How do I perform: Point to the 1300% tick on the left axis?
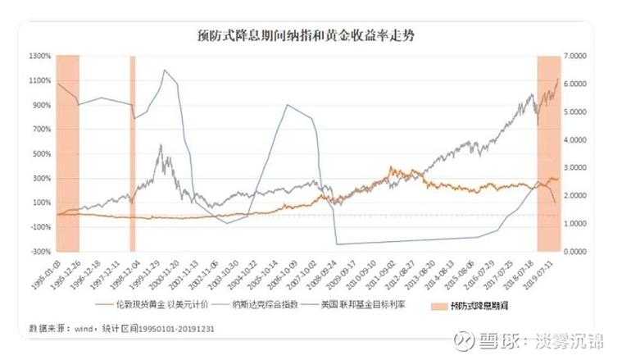coord(41,56)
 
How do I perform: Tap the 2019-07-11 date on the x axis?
coord(544,275)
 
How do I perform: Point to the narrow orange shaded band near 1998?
coord(132,153)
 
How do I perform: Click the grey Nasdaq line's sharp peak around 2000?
coord(160,146)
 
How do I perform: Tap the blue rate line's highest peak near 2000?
coord(165,71)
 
